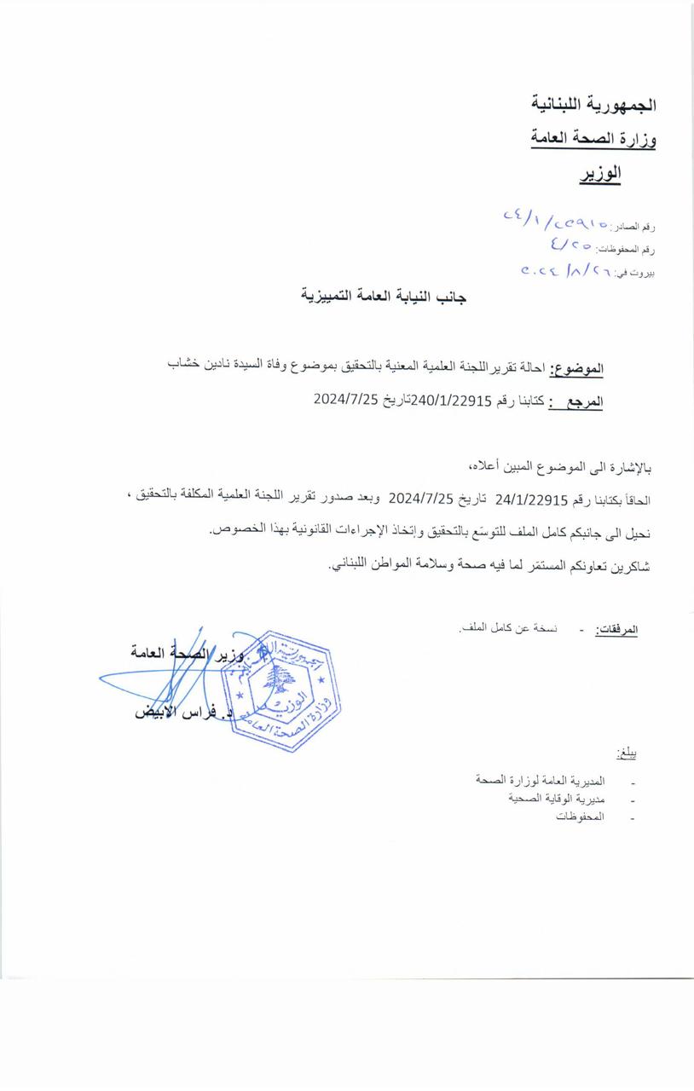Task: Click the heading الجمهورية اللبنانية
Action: [x=593, y=105]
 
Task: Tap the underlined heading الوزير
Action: [x=600, y=173]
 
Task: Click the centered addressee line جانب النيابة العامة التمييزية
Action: [x=384, y=297]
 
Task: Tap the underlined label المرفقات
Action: [x=616, y=630]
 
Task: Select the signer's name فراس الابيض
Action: [x=183, y=712]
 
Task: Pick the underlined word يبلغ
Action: [x=627, y=754]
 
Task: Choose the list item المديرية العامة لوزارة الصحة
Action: [x=541, y=780]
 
